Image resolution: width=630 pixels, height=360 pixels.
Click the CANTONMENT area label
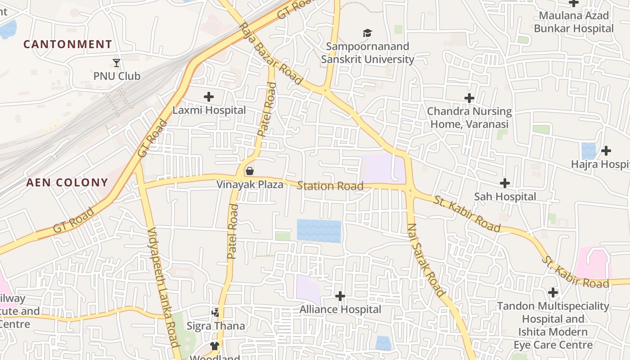pos(67,44)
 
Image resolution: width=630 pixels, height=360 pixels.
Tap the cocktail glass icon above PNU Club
pos(117,63)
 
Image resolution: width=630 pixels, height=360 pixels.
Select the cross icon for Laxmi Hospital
pos(209,97)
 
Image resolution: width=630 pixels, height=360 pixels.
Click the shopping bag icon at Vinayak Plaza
pos(250,171)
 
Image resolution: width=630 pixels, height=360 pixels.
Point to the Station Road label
pos(330,186)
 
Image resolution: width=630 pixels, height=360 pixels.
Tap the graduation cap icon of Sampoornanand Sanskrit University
pos(368,33)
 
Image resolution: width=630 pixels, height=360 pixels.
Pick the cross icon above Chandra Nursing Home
pos(469,98)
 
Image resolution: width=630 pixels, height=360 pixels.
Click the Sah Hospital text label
pos(505,197)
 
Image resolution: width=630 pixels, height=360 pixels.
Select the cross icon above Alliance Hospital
pos(340,296)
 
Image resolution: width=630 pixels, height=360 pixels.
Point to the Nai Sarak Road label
pos(425,259)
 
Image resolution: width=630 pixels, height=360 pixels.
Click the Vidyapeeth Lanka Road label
pos(164,287)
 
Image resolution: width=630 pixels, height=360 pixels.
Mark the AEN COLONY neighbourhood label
pos(67,182)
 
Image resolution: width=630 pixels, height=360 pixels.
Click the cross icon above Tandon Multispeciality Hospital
pos(553,292)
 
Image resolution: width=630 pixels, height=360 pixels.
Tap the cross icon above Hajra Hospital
pos(606,150)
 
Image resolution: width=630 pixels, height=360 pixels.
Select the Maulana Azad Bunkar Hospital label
pos(574,22)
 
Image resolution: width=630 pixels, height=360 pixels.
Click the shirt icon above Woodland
pos(215,346)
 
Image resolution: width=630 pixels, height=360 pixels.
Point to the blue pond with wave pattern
pos(319,231)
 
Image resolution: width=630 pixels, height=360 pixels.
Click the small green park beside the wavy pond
pos(283,237)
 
